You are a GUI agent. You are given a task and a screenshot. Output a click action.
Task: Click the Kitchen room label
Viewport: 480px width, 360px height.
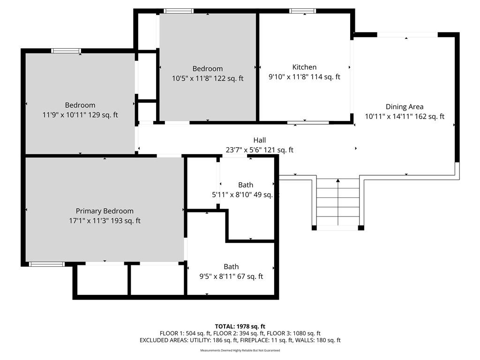(x=304, y=67)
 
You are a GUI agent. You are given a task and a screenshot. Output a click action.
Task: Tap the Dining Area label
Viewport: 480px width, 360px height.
(x=405, y=107)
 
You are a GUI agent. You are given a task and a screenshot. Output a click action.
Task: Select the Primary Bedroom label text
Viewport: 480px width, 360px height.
(x=105, y=211)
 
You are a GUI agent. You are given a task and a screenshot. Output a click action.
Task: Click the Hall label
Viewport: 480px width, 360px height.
(x=260, y=140)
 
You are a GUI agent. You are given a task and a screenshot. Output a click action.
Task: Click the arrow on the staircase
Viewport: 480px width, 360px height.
(x=338, y=202)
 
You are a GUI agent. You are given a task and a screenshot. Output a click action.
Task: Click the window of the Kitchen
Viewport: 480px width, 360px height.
(x=302, y=11)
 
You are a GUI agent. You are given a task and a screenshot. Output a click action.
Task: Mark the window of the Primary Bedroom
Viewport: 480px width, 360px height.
(x=47, y=264)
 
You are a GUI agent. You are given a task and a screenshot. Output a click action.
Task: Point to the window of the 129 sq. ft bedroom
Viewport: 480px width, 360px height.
(x=66, y=51)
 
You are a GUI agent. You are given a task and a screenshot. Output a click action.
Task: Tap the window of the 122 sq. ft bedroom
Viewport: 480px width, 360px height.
(x=179, y=11)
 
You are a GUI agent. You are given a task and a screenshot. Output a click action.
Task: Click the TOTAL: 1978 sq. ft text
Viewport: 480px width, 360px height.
(x=240, y=326)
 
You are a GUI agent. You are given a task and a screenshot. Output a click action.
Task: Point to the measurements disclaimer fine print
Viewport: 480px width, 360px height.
(x=240, y=350)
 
